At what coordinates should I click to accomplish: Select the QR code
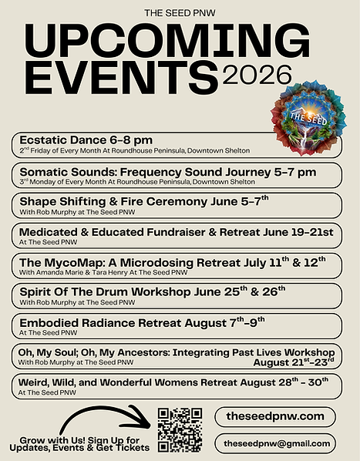point(180,430)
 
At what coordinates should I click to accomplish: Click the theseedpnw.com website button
point(275,416)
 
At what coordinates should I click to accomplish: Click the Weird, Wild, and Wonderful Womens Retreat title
point(175,382)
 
